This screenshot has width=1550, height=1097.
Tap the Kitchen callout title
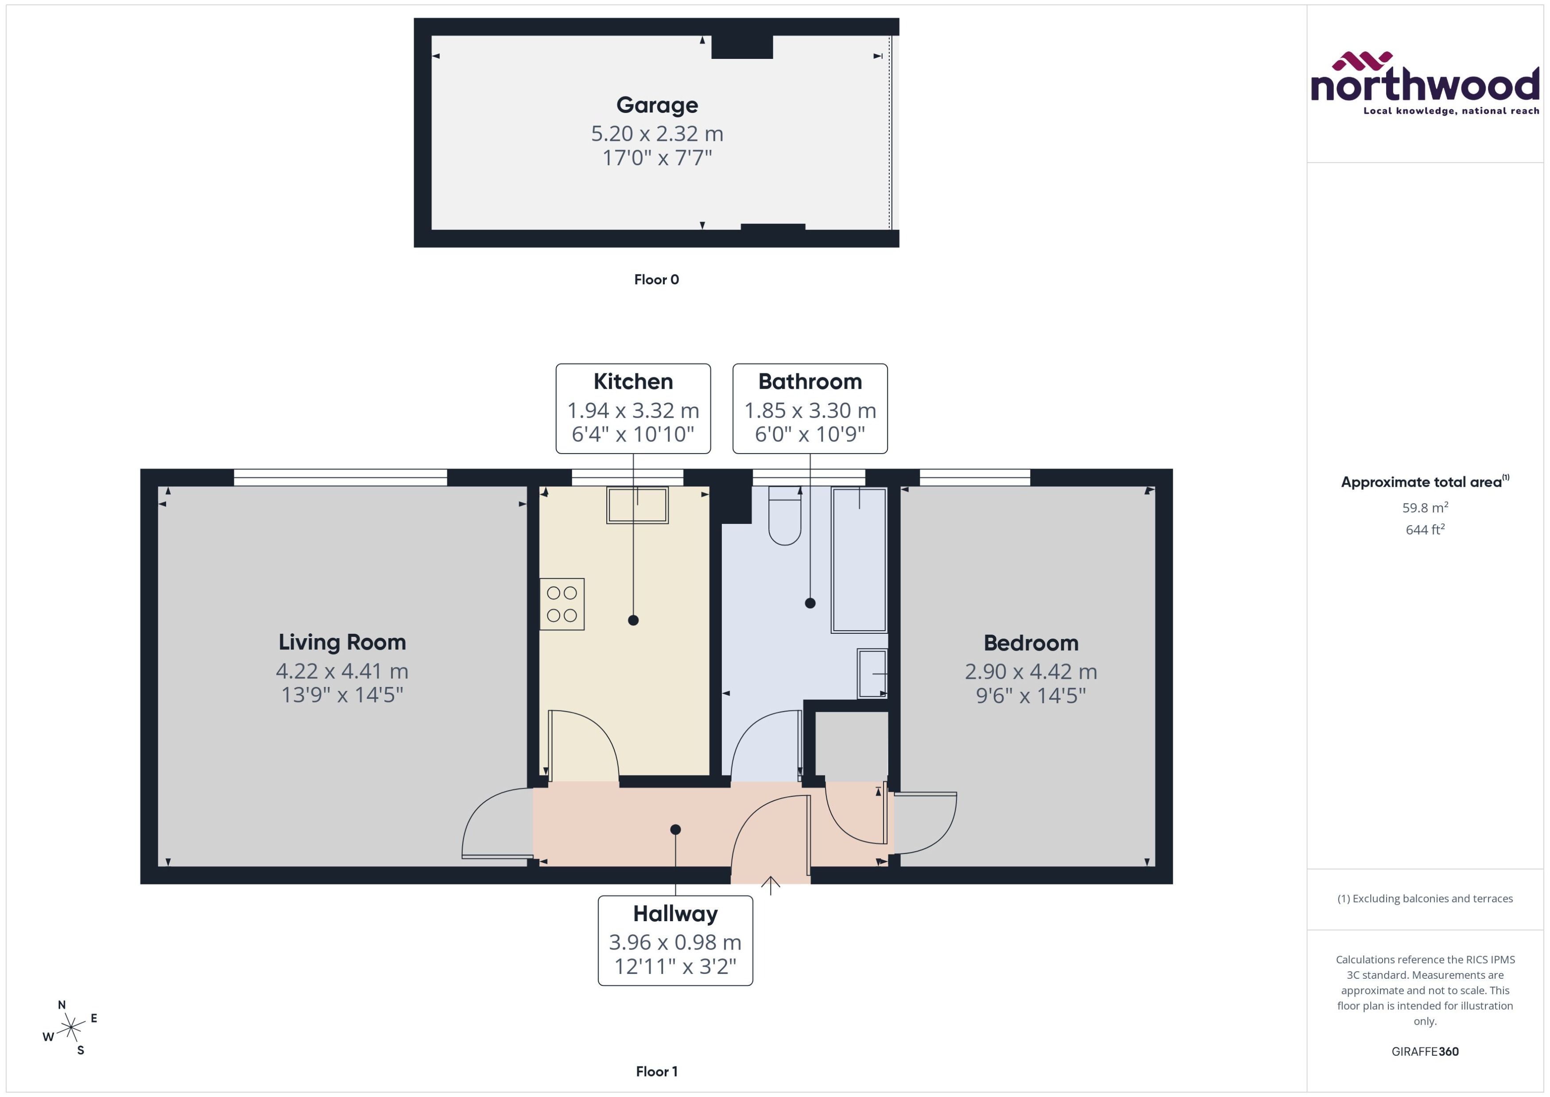(633, 382)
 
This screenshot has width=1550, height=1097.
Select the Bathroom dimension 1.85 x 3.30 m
(810, 410)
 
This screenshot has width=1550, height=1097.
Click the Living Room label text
(342, 642)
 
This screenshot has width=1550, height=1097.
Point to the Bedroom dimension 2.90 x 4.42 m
(1031, 671)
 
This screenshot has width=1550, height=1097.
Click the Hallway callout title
(675, 913)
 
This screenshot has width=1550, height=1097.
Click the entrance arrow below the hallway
(771, 884)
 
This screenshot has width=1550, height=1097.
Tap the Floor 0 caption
(656, 279)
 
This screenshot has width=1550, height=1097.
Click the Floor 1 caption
(656, 1071)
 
